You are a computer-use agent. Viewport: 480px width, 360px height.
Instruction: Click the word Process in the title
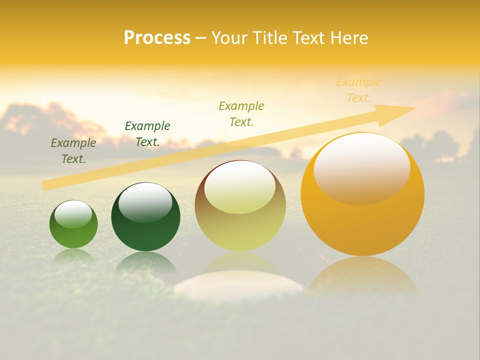click(157, 38)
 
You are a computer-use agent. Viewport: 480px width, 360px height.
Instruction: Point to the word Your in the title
click(228, 38)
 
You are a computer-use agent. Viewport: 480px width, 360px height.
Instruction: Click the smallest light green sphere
click(73, 224)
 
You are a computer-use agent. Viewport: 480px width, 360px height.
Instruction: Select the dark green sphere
click(145, 217)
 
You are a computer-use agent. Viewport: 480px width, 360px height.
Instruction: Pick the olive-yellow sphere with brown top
click(240, 206)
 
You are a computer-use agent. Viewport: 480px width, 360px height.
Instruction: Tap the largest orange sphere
click(362, 194)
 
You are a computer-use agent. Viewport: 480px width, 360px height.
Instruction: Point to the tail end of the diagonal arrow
click(43, 186)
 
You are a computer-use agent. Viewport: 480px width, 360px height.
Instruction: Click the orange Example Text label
click(359, 90)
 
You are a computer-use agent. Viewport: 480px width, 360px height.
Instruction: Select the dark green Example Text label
click(147, 134)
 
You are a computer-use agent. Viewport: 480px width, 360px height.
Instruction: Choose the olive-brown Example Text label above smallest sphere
click(73, 151)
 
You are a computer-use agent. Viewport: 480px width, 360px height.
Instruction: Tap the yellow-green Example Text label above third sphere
click(241, 114)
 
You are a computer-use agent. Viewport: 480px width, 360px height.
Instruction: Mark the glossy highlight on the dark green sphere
click(145, 201)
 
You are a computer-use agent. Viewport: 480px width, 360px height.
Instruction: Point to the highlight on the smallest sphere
click(73, 214)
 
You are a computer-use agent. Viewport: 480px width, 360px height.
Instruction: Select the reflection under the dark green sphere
click(145, 262)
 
